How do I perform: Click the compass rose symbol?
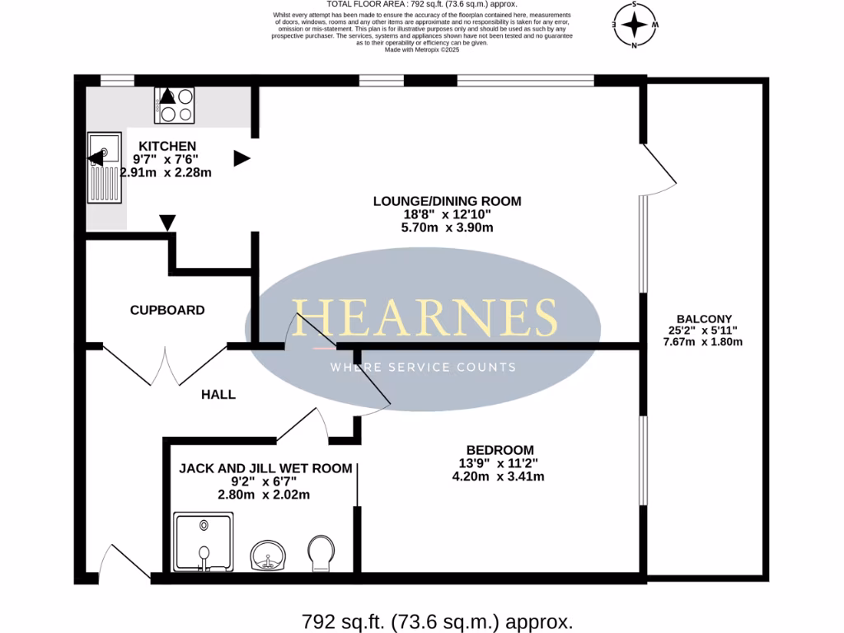click(634, 25)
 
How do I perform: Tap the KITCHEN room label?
click(166, 146)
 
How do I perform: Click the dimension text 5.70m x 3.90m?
click(447, 227)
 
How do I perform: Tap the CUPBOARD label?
click(167, 311)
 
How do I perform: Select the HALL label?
click(218, 395)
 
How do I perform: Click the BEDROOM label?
click(500, 449)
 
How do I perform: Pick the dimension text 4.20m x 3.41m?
click(498, 476)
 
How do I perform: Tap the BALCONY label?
click(704, 319)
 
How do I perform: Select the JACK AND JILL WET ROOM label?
click(265, 468)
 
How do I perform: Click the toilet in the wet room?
click(319, 553)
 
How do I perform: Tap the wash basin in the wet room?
click(269, 556)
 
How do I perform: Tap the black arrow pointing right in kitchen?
click(241, 158)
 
